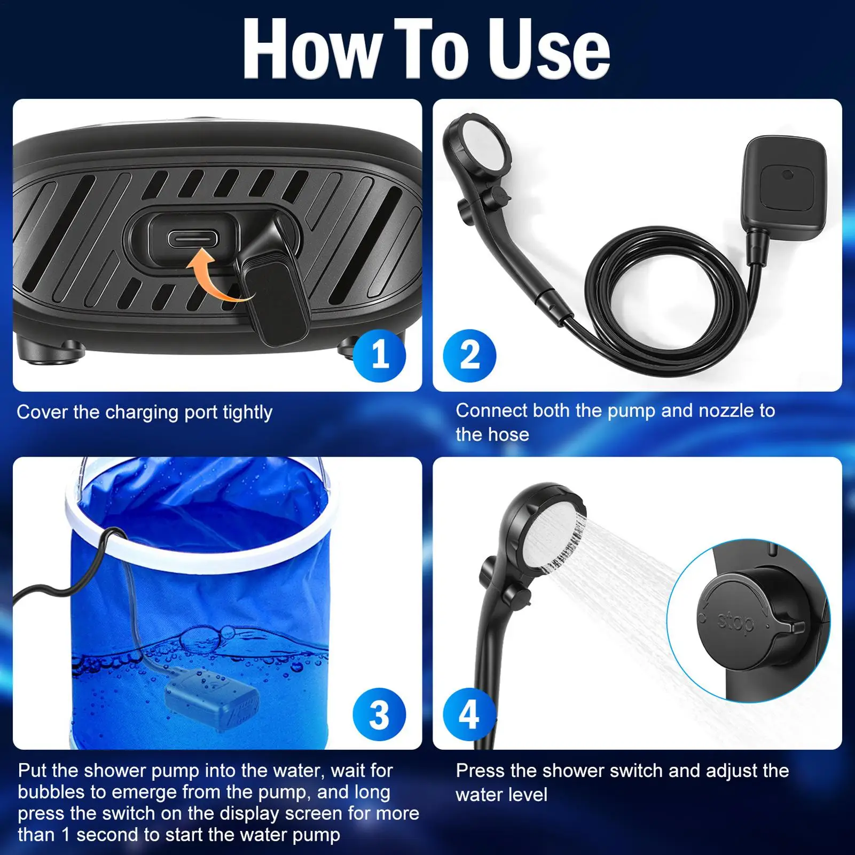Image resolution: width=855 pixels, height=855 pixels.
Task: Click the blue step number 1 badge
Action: [379, 355]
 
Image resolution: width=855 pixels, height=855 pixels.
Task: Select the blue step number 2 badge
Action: [469, 355]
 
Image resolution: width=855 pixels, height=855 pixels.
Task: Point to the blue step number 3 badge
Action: [379, 714]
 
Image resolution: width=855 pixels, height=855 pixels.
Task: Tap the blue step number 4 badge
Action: [469, 714]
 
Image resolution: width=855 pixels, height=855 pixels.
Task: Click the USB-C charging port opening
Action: [193, 238]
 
